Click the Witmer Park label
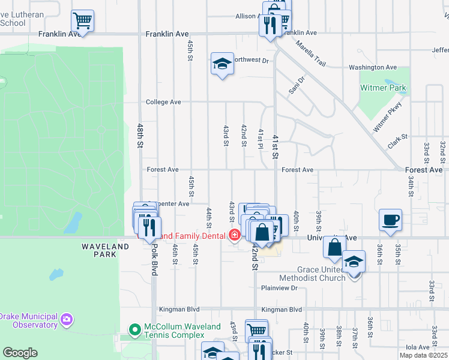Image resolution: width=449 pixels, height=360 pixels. (x=383, y=88)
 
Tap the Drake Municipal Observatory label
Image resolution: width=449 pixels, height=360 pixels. (x=29, y=320)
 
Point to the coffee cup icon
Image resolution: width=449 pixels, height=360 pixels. (x=391, y=220)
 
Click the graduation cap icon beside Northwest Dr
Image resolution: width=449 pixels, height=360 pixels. (x=221, y=64)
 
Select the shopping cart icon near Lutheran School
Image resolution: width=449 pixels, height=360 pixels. (x=82, y=21)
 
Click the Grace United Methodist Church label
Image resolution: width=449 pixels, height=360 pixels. (x=313, y=274)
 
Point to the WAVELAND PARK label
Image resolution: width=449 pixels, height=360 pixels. (x=105, y=250)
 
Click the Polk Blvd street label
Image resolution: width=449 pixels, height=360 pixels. (x=155, y=260)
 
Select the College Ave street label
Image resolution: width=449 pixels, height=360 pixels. (x=163, y=102)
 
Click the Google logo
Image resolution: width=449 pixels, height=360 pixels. (x=20, y=353)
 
